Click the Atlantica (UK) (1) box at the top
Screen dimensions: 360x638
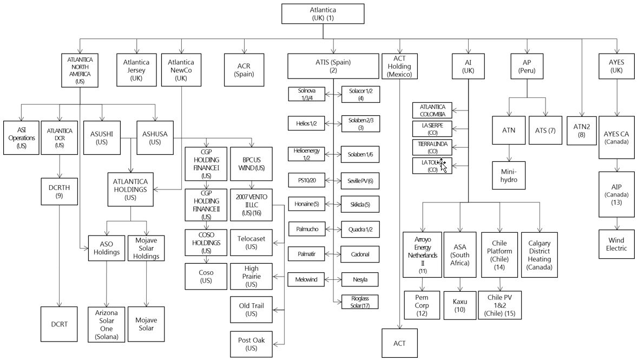pyautogui.click(x=323, y=14)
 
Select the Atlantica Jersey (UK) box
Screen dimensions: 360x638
pyautogui.click(x=136, y=70)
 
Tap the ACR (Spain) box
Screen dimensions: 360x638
pyautogui.click(x=244, y=70)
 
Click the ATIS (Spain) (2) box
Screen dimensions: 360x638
pyautogui.click(x=333, y=66)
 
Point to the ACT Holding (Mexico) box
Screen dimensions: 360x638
pyautogui.click(x=399, y=66)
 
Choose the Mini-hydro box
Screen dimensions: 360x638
pyautogui.click(x=509, y=175)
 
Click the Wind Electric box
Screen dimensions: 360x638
pyautogui.click(x=616, y=244)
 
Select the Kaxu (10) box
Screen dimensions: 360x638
pyautogui.click(x=459, y=305)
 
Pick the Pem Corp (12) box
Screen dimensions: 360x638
pyautogui.click(x=422, y=305)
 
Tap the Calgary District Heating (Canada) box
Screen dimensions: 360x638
pyautogui.click(x=539, y=255)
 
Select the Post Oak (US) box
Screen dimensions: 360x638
pyautogui.click(x=251, y=344)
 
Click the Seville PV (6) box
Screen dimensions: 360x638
pyautogui.click(x=360, y=180)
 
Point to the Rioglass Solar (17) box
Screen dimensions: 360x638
pyautogui.click(x=360, y=302)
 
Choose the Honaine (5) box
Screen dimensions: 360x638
pyautogui.click(x=306, y=204)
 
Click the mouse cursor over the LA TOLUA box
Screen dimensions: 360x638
pyautogui.click(x=443, y=165)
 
